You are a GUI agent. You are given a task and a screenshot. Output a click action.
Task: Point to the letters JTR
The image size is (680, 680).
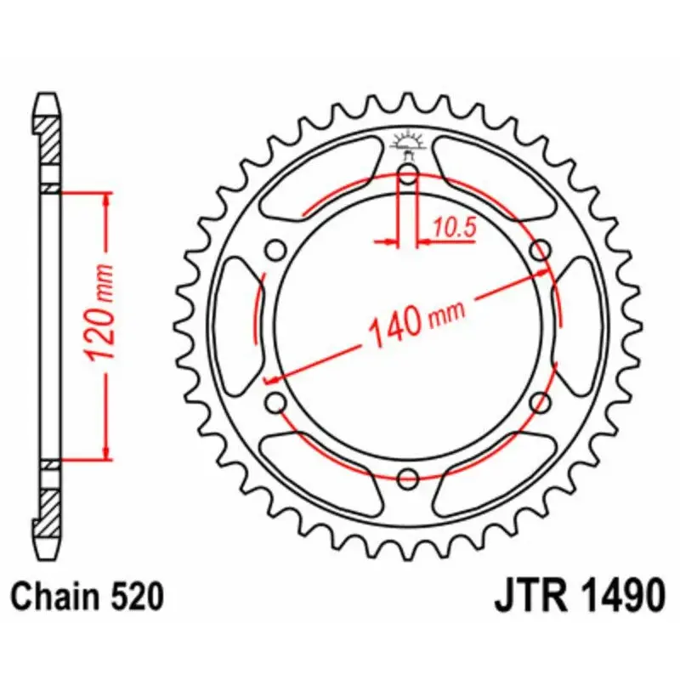click(530, 596)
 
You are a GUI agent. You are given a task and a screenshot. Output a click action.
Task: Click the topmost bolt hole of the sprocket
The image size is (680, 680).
click(408, 177)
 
